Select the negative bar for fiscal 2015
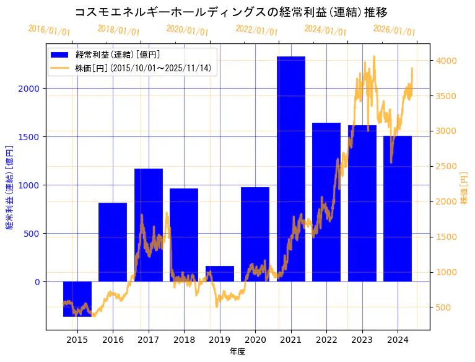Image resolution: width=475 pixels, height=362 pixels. pyautogui.click(x=77, y=299)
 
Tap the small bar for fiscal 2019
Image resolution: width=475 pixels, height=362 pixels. pyautogui.click(x=220, y=273)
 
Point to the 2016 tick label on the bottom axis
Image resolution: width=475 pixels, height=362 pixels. pyautogui.click(x=113, y=339)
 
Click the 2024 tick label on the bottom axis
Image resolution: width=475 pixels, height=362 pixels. pyautogui.click(x=398, y=339)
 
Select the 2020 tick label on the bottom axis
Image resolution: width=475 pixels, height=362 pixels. pyautogui.click(x=255, y=339)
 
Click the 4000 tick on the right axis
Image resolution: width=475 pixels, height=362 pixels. pyautogui.click(x=446, y=61)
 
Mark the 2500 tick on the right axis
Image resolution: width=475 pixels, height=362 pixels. pyautogui.click(x=446, y=167)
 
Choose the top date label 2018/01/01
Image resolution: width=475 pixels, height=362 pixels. pyautogui.click(x=118, y=30)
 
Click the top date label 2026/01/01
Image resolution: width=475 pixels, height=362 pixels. pyautogui.click(x=394, y=30)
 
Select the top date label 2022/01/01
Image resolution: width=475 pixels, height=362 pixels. pyautogui.click(x=256, y=30)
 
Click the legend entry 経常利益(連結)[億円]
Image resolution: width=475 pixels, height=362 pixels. pyautogui.click(x=117, y=55)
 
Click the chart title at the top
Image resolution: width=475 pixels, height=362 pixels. pyautogui.click(x=231, y=12)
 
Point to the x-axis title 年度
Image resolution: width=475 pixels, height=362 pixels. pyautogui.click(x=237, y=351)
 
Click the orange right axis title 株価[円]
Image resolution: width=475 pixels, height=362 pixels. pyautogui.click(x=464, y=189)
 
